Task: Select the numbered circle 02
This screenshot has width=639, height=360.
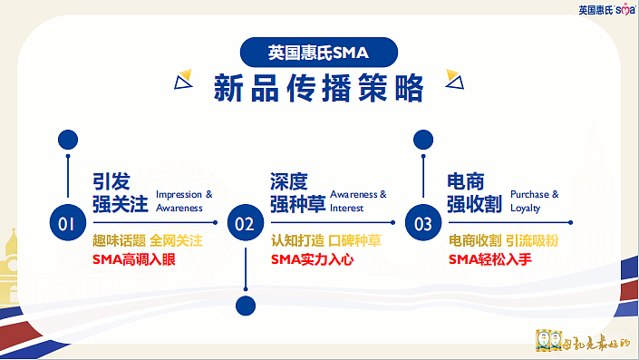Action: pos(246,222)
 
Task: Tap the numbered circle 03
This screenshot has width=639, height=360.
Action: pos(423,222)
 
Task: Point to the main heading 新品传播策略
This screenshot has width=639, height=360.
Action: pos(318,89)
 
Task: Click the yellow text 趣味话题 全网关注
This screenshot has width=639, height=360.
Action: pos(147,241)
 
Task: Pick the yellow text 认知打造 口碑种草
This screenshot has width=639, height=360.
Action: pos(325,241)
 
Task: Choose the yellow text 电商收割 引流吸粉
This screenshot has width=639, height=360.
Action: pos(503,241)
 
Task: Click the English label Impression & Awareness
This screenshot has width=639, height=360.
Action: pos(184,201)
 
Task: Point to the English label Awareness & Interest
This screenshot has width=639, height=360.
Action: pos(358,201)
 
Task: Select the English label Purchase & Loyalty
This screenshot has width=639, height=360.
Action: pos(535,201)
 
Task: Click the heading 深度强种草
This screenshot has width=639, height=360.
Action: pos(296,192)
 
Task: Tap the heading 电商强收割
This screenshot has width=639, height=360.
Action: pos(475,192)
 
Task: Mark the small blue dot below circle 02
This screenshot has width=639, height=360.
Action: pos(246,305)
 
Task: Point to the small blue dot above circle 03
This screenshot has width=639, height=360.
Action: pos(423,140)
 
